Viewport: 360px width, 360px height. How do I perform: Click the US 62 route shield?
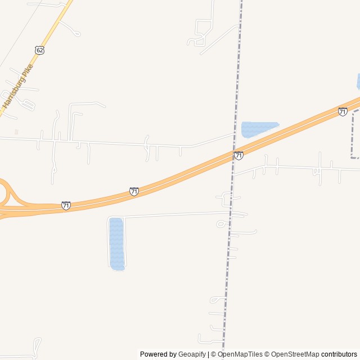coord(39,50)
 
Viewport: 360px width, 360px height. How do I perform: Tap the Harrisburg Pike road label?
coord(17,86)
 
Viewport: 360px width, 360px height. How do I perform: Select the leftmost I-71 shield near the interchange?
coord(66,205)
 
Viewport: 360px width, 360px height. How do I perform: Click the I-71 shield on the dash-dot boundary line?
coord(238,155)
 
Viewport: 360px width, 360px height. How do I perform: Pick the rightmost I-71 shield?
coord(343,112)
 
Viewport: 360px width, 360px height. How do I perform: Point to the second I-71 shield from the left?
coord(134,192)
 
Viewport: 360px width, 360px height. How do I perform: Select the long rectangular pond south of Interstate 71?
coord(116,244)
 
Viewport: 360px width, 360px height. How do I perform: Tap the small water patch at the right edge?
coord(358,81)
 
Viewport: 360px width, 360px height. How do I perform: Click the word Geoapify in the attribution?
coord(192,354)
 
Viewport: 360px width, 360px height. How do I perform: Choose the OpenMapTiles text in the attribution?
coord(240,354)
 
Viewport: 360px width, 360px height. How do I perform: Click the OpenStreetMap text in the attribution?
coord(295,354)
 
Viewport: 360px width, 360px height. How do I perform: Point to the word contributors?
coord(339,354)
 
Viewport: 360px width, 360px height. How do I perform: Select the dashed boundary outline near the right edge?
coord(353,135)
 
